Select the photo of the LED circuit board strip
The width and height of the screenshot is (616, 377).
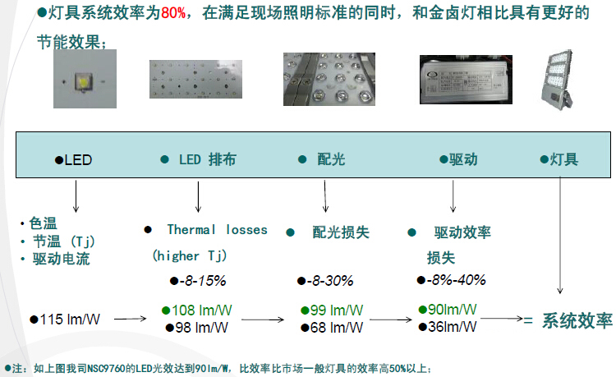[198, 81]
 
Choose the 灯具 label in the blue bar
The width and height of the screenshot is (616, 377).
[564, 159]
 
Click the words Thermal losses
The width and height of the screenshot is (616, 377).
[217, 230]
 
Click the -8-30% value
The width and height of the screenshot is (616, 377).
[329, 280]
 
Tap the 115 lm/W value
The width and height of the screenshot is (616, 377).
[69, 319]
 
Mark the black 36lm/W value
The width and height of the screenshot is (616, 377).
[452, 326]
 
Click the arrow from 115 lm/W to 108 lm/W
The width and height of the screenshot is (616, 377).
[134, 319]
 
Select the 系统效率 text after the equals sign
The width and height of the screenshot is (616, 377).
[577, 320]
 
